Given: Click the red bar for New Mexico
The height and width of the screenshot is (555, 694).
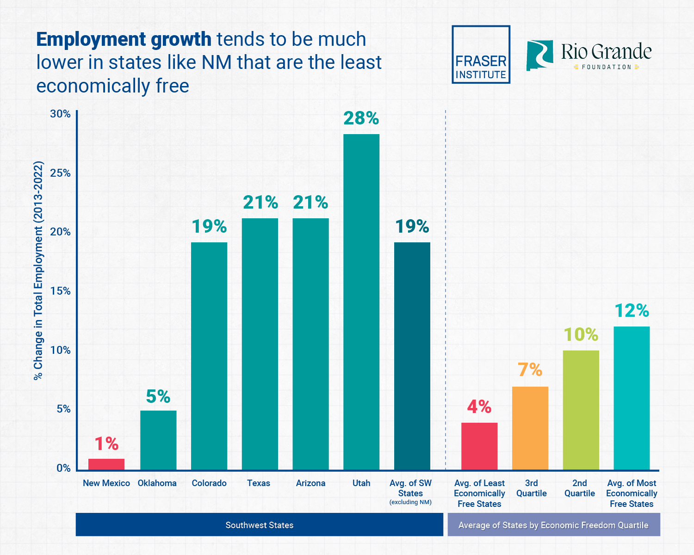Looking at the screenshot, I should (x=106, y=464).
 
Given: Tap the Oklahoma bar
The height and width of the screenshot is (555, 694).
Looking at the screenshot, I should (x=158, y=440).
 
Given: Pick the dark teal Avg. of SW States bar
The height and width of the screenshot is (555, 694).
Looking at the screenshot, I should (x=412, y=356).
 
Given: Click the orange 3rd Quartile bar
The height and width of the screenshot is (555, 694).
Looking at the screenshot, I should (x=530, y=428).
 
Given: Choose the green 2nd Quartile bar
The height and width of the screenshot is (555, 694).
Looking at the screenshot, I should (x=581, y=410).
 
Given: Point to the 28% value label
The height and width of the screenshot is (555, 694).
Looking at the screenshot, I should (x=361, y=118).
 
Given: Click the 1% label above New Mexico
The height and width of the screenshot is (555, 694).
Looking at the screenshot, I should (x=106, y=444).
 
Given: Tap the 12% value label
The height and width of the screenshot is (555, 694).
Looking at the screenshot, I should (x=632, y=311).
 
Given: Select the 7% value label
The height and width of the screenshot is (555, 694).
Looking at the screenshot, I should (x=530, y=370).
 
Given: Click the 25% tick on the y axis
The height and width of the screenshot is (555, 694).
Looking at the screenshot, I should (x=61, y=173).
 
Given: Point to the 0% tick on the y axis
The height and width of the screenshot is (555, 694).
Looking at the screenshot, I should (x=63, y=468).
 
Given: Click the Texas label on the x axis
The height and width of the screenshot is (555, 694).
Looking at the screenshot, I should (x=259, y=483).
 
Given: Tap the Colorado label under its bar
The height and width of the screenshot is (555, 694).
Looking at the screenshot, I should (x=209, y=483).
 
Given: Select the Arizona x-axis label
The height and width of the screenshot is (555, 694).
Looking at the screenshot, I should (x=310, y=483).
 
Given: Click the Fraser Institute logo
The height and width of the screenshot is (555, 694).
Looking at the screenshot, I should (x=481, y=55).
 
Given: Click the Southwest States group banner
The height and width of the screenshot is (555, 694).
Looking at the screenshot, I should (x=260, y=525).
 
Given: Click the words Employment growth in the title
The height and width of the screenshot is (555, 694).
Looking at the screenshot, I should (x=124, y=40).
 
